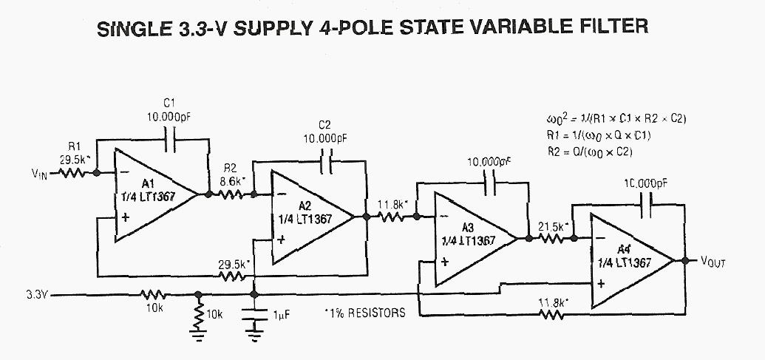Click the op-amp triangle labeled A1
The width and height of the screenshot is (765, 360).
tap(152, 194)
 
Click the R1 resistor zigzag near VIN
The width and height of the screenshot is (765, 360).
tap(74, 174)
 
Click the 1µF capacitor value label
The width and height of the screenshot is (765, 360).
tap(281, 314)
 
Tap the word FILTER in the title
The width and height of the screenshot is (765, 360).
tap(611, 27)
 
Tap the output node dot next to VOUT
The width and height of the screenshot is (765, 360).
tap(686, 260)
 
